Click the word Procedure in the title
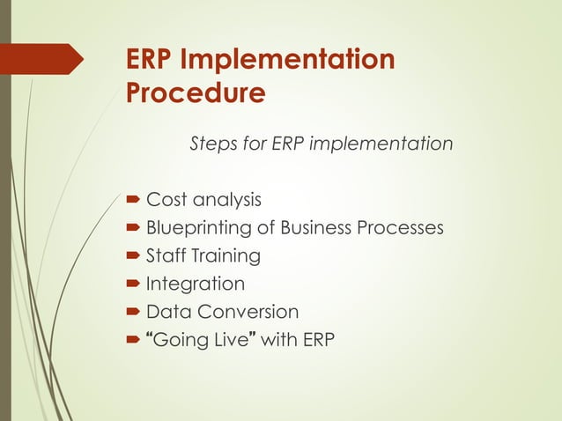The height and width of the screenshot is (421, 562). point(195,92)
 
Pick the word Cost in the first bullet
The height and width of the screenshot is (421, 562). point(165,200)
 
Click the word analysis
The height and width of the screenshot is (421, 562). point(225,200)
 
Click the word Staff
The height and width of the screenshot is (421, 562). point(165,256)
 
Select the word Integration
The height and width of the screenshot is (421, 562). point(195,284)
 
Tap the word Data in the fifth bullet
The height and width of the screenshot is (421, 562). point(166,312)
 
